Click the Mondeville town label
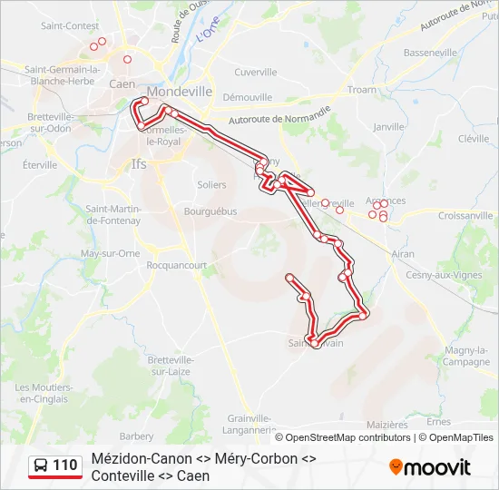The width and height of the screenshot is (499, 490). (x=179, y=92)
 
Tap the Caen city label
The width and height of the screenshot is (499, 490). (x=122, y=83)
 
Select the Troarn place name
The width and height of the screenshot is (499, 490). (x=361, y=90)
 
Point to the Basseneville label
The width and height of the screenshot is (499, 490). (x=430, y=53)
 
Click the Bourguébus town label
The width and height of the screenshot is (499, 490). (x=210, y=211)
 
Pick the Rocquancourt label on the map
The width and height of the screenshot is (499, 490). (x=177, y=266)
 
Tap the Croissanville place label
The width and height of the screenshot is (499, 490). (x=466, y=216)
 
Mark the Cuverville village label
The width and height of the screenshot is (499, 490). (x=255, y=72)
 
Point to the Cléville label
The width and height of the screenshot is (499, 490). (x=474, y=139)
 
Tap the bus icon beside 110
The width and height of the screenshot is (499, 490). (x=42, y=466)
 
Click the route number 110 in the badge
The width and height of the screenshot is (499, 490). (x=64, y=466)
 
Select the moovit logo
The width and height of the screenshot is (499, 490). (x=430, y=467)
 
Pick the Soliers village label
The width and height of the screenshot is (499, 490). (x=211, y=184)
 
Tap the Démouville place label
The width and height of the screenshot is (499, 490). (x=248, y=96)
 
